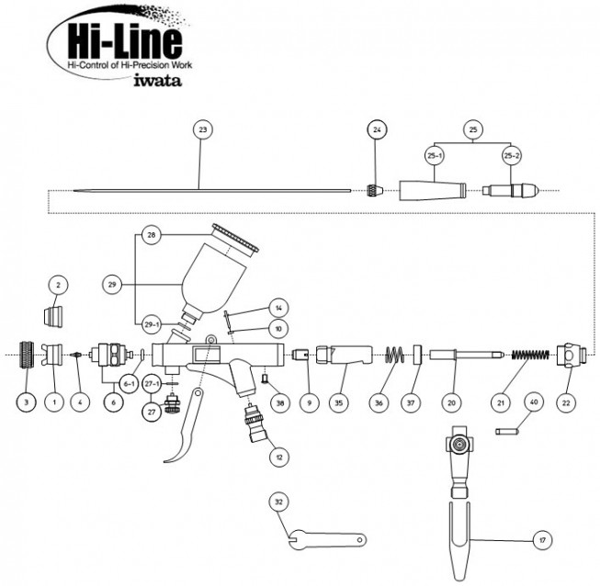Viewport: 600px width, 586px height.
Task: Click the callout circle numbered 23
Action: [x=203, y=130]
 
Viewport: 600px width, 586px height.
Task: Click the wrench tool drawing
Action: [x=327, y=540]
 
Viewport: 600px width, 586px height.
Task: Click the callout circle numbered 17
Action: [x=543, y=541]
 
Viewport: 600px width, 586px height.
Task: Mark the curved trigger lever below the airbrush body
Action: [x=188, y=433]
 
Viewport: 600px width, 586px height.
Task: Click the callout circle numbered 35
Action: [x=340, y=401]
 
